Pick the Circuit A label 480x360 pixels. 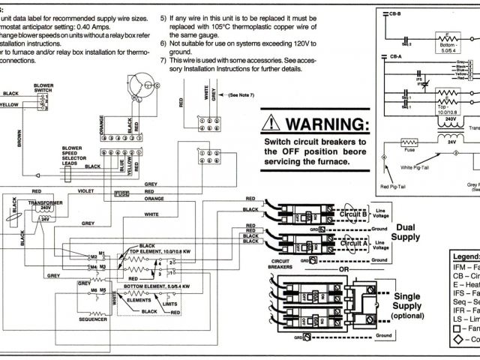pyautogui.click(x=352, y=244)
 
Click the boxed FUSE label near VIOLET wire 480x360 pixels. pyautogui.click(x=122, y=193)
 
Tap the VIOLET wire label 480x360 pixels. pyautogui.click(x=86, y=191)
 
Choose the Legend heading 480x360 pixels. pyautogui.click(x=464, y=256)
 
